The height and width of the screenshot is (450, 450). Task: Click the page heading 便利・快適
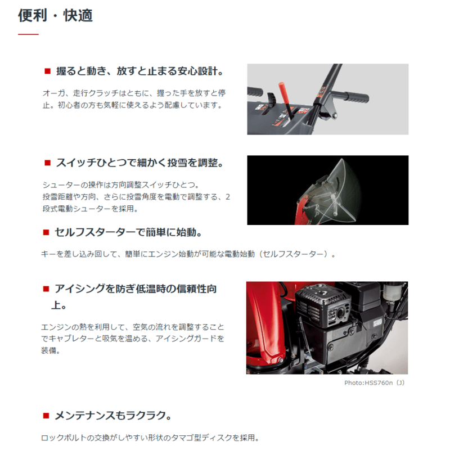coord(55,15)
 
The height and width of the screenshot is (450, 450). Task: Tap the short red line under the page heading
coord(28,35)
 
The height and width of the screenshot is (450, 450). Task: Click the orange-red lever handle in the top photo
coord(282,91)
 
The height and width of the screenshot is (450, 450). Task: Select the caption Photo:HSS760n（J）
coord(374,383)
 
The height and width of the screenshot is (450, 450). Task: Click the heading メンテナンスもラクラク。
coord(112,416)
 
